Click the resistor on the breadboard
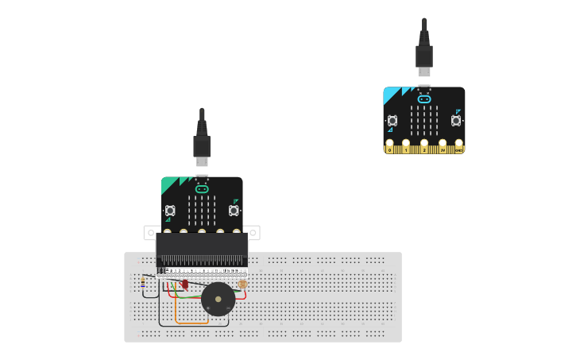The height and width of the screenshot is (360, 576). click(x=143, y=281)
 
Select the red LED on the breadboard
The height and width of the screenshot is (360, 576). click(x=185, y=284)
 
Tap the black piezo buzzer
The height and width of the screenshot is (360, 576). click(x=218, y=299)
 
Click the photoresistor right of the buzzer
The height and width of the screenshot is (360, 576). click(x=242, y=284)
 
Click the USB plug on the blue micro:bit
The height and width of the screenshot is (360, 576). click(x=424, y=56)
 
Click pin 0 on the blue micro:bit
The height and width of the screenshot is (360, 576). click(x=389, y=147)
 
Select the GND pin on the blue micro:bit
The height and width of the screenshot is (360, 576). click(x=458, y=147)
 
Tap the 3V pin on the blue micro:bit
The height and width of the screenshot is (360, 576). click(x=443, y=147)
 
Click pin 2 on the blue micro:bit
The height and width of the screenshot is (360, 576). click(x=424, y=147)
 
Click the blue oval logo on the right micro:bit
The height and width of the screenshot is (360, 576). click(x=424, y=99)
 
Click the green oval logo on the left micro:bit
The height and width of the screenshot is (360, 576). click(x=202, y=189)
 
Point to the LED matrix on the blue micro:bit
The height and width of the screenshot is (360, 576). click(x=424, y=120)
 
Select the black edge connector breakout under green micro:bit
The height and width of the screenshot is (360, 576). click(x=202, y=249)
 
